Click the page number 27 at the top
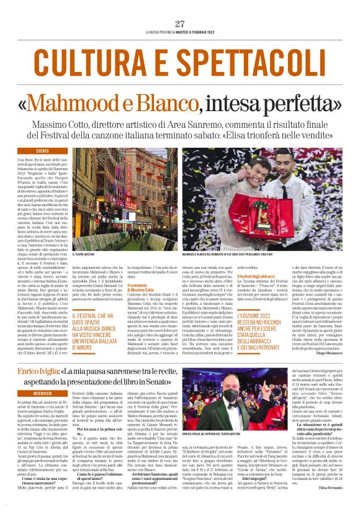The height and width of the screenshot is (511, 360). tap(180, 24)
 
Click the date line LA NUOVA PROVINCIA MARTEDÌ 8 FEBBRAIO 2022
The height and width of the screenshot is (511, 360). tap(180, 32)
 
